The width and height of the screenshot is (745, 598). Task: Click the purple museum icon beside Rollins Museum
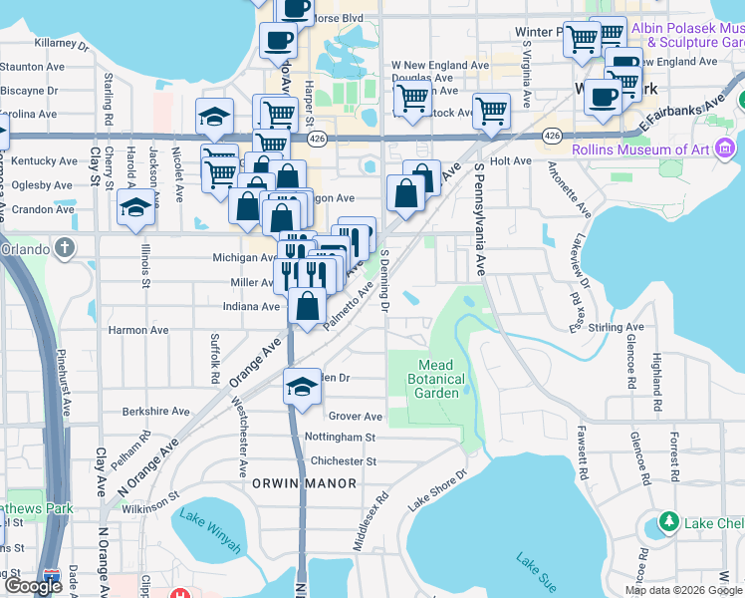[x=724, y=149]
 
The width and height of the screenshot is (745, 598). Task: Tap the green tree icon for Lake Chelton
[x=669, y=523]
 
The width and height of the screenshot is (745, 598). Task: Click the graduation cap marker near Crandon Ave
[x=135, y=208]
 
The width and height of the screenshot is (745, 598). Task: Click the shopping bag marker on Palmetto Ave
[x=309, y=306]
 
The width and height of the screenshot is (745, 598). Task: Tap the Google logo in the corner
[x=34, y=586]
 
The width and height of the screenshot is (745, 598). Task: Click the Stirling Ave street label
[x=617, y=327]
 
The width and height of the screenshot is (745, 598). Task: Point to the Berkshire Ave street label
[x=155, y=411]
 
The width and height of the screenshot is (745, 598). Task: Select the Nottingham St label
[x=340, y=437]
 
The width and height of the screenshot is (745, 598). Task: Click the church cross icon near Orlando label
[x=66, y=246]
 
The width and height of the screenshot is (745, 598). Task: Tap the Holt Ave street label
[x=511, y=160]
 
